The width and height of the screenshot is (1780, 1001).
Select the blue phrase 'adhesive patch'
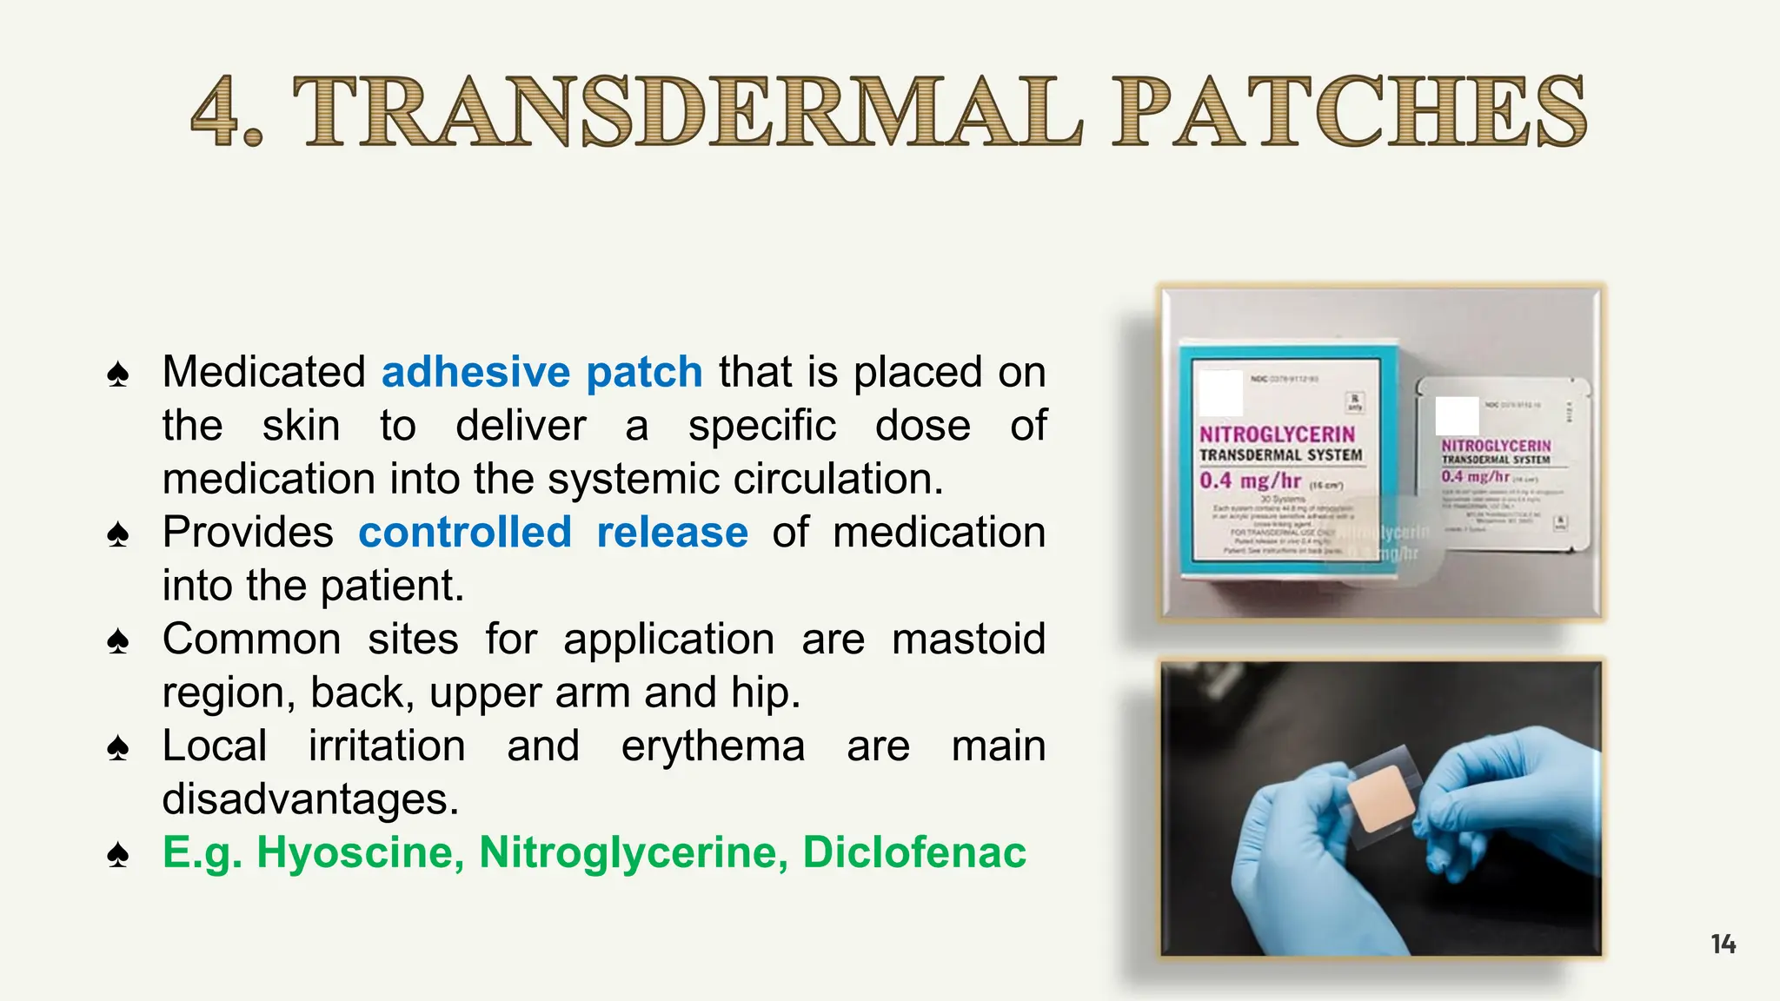click(x=541, y=372)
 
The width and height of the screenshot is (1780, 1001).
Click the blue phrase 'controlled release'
click(x=553, y=532)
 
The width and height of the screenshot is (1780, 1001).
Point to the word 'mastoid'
click(x=968, y=639)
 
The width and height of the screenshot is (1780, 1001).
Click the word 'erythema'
click(x=713, y=746)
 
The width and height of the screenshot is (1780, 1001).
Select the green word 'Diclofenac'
click(x=914, y=852)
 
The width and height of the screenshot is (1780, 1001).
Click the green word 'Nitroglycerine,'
click(x=634, y=852)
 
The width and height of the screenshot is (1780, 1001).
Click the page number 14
click(x=1723, y=944)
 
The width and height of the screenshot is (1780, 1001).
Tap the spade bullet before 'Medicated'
click(x=118, y=375)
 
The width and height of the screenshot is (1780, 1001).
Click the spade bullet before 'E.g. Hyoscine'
click(x=118, y=855)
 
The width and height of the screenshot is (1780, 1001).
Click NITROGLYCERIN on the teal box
click(x=1277, y=434)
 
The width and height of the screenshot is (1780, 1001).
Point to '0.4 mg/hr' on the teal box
click(x=1250, y=481)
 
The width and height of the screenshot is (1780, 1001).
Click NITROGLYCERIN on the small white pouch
click(x=1496, y=446)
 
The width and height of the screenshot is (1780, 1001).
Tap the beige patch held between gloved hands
click(x=1382, y=799)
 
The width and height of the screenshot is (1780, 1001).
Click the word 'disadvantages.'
click(x=310, y=799)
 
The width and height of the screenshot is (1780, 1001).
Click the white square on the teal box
click(x=1220, y=393)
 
